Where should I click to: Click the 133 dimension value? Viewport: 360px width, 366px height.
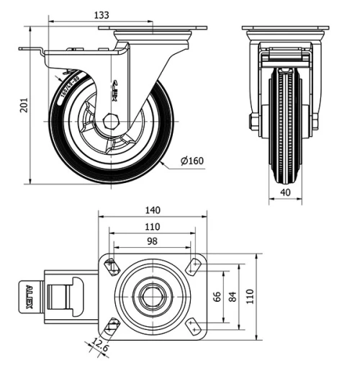coord(102,15)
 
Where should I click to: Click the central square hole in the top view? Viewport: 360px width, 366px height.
coord(153,295)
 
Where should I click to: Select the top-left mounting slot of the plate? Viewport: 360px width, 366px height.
coord(112,267)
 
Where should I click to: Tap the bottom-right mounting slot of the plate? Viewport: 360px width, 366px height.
coord(192,325)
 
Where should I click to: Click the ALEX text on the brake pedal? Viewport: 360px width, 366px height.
coord(30,295)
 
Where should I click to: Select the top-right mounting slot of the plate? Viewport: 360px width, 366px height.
coord(193,266)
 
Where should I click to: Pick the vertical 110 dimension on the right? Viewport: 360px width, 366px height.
coord(250,295)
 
